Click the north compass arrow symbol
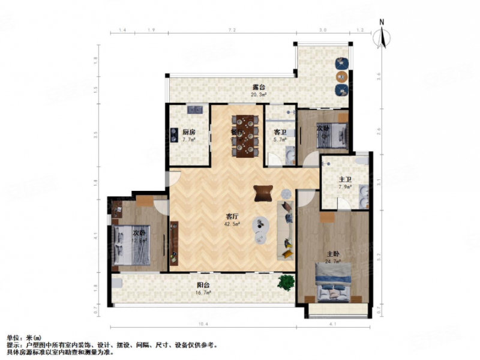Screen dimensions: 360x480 tap(381, 34)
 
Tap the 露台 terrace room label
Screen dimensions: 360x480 tap(259, 88)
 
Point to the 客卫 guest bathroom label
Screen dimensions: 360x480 tap(280, 133)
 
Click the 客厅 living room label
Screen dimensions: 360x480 tap(233, 218)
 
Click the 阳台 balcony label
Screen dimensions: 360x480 tap(204, 286)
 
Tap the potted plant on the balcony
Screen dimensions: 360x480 tap(286, 282)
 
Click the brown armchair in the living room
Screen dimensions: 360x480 tap(263, 192)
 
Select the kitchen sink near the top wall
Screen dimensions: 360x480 tap(195, 110)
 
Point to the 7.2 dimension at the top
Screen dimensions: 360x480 tap(232, 29)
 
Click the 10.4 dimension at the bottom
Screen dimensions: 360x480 tap(203, 325)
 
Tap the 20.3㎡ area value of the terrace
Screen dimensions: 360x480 tap(259, 94)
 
